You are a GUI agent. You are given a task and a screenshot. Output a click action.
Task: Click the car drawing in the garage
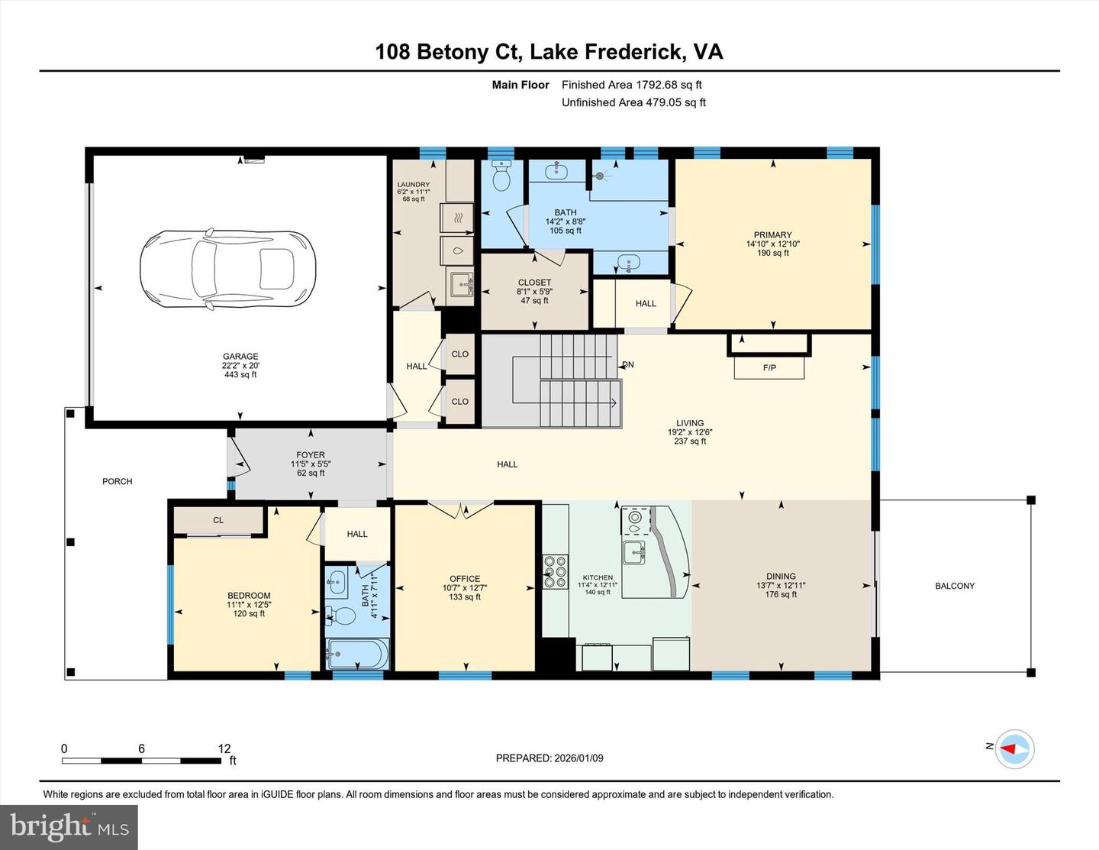click(x=218, y=269)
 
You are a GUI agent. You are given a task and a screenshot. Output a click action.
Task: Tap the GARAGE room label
click(x=240, y=357)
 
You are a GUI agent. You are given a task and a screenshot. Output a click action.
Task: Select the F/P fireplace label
click(x=769, y=368)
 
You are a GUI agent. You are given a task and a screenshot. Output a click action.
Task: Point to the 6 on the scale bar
click(x=141, y=749)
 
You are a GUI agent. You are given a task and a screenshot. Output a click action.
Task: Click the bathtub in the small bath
click(x=357, y=654)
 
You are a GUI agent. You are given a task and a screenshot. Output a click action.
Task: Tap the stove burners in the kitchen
click(x=555, y=569)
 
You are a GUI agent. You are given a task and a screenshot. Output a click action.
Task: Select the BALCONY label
click(x=955, y=587)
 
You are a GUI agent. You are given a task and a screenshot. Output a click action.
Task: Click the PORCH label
click(x=118, y=482)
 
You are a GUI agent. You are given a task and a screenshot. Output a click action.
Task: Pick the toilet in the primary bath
click(x=501, y=177)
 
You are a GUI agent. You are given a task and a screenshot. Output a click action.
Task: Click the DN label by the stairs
click(x=628, y=365)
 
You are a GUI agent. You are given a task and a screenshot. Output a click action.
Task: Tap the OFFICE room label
click(x=465, y=579)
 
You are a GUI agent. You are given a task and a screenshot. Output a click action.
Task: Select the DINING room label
click(x=781, y=577)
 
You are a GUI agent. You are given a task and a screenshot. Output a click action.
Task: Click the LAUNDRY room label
click(x=413, y=185)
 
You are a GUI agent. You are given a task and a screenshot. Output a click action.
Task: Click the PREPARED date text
click(x=549, y=758)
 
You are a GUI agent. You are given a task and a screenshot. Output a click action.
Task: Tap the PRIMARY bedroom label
click(x=772, y=235)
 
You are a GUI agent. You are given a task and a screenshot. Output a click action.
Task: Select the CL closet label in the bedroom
click(x=218, y=520)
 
